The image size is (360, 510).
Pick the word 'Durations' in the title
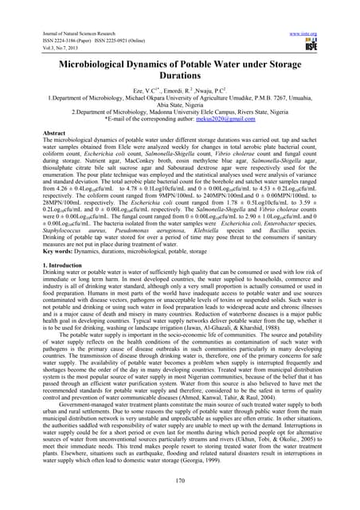pos(179,57)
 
